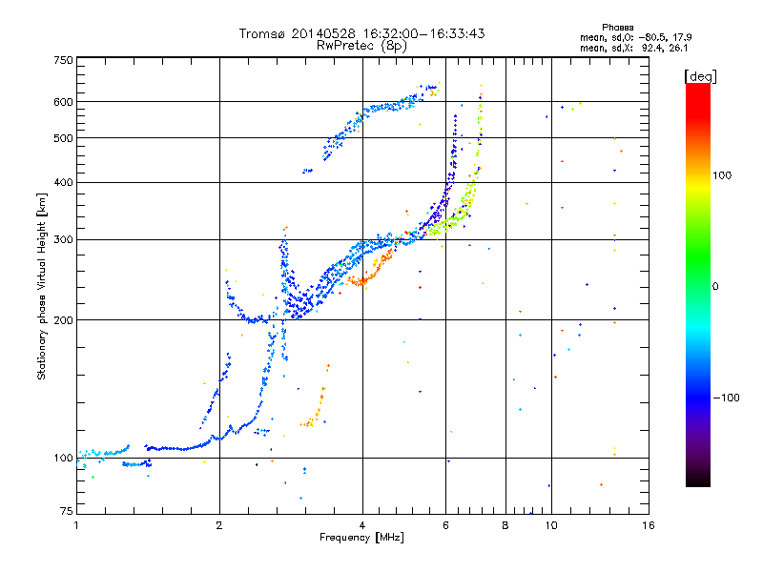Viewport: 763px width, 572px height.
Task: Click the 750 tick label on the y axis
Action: point(63,60)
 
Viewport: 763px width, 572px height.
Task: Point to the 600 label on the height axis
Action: point(63,102)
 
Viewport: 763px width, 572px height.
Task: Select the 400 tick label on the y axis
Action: point(63,182)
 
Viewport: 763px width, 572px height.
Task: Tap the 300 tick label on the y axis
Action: point(63,239)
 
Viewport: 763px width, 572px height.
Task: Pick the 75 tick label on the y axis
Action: point(66,512)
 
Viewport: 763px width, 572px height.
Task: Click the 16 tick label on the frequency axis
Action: point(648,525)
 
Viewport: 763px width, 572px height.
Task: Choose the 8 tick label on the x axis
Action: point(505,525)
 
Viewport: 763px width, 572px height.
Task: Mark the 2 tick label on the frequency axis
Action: point(219,525)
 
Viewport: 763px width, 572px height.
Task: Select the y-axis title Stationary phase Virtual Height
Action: point(42,286)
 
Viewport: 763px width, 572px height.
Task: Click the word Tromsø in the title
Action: point(262,33)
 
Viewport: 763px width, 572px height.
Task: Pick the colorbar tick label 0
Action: point(716,286)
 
